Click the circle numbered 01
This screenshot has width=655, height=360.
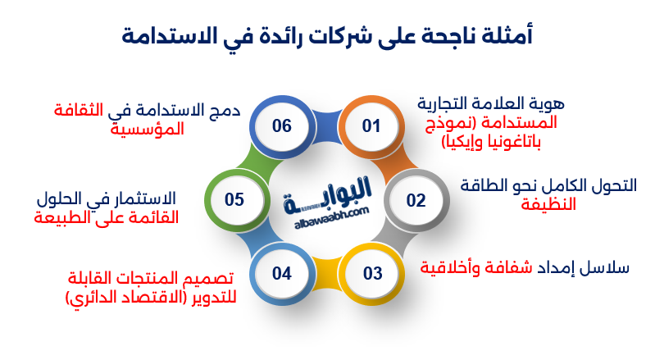pyautogui.click(x=372, y=125)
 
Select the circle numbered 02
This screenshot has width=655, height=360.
pyautogui.click(x=416, y=199)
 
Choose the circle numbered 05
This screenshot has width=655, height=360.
pyautogui.click(x=235, y=199)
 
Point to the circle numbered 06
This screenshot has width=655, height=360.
pyautogui.click(x=282, y=125)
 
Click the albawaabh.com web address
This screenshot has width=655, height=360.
pyautogui.click(x=327, y=209)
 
